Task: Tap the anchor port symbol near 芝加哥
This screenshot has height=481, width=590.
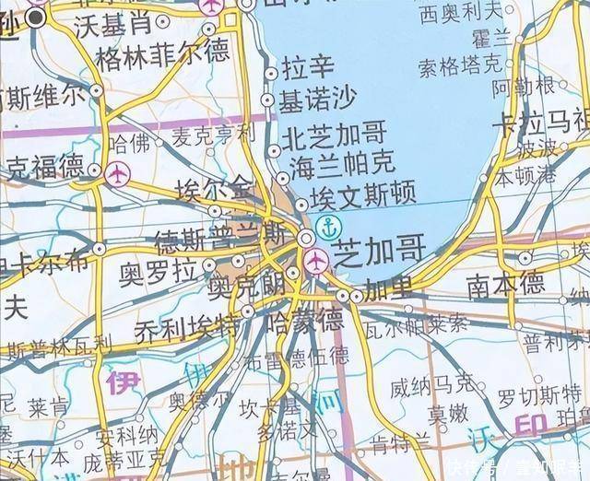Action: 326,225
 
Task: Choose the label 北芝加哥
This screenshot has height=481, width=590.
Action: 334,135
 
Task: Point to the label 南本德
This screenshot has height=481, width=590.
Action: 504,285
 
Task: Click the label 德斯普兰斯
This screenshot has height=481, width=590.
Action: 219,243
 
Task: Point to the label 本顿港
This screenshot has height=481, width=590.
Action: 525,178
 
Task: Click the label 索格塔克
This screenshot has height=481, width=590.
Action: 460,66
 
